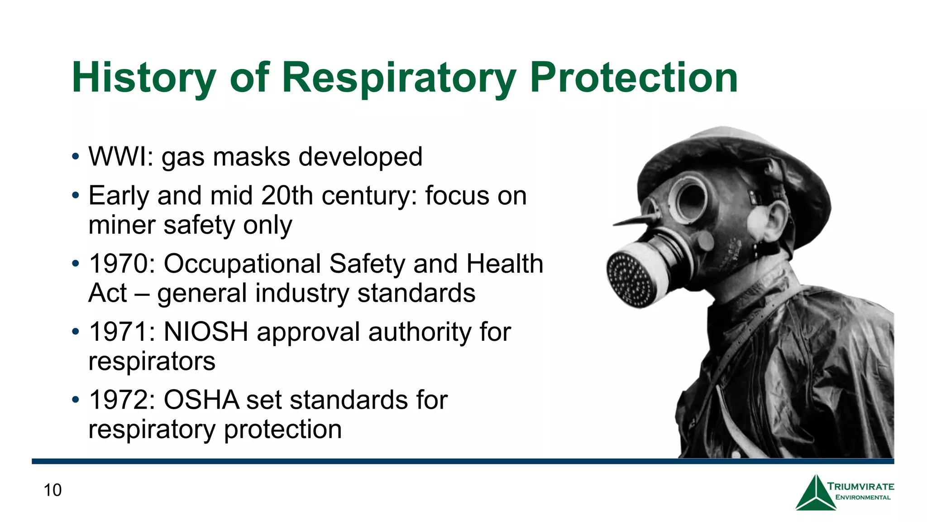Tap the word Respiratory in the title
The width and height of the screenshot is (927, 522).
(x=399, y=78)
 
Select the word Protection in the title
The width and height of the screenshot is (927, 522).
(x=634, y=78)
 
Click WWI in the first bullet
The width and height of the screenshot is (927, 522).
(x=117, y=157)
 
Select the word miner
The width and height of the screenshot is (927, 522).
(x=122, y=225)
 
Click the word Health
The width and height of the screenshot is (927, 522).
(x=505, y=264)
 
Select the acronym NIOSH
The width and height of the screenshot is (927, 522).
(x=206, y=332)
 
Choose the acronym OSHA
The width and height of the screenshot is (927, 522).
(x=201, y=400)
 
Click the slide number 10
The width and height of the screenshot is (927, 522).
(x=53, y=490)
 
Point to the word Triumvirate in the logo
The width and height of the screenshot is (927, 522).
(x=861, y=487)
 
